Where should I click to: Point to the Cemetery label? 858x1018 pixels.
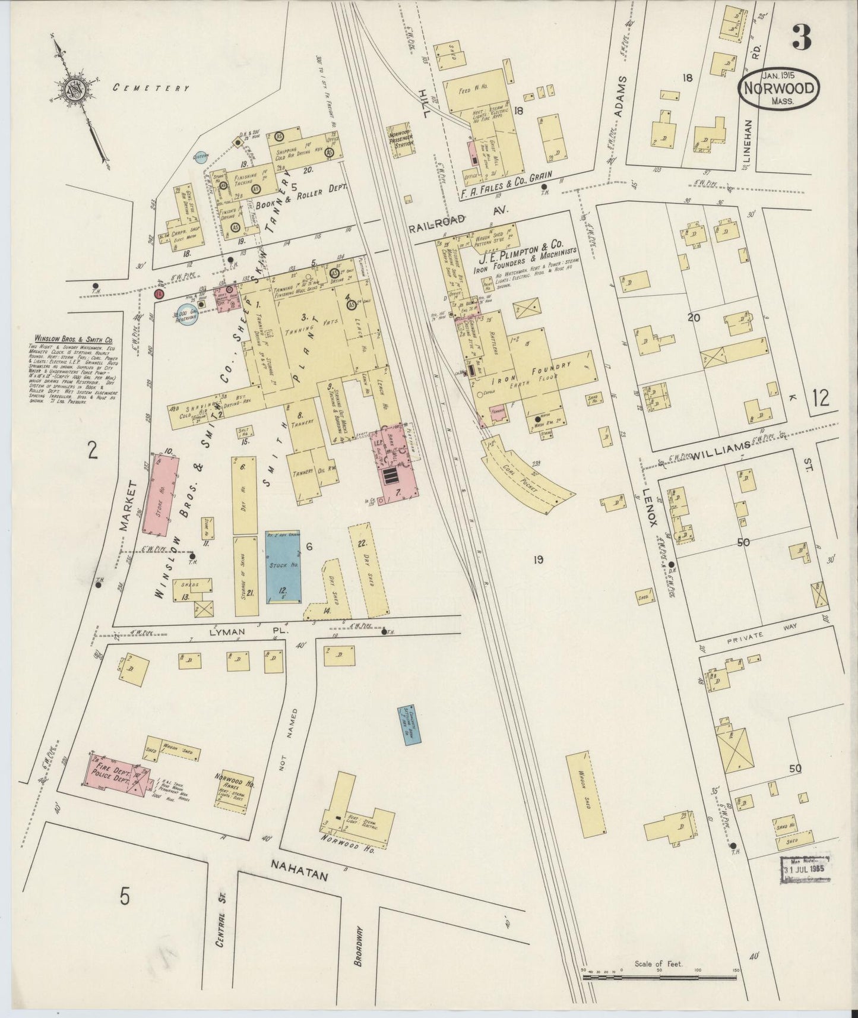click(x=151, y=88)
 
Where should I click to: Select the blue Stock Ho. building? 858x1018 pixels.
click(x=282, y=567)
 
